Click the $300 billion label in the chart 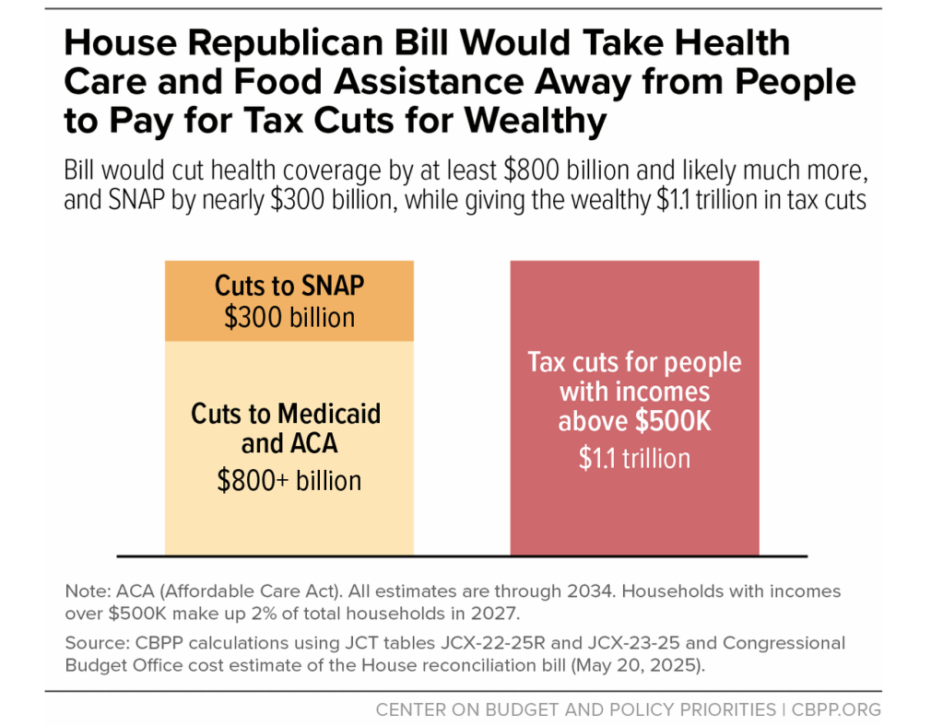point(289,318)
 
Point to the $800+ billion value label point(289,480)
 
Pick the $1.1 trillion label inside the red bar point(634,458)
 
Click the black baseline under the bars point(462,556)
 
